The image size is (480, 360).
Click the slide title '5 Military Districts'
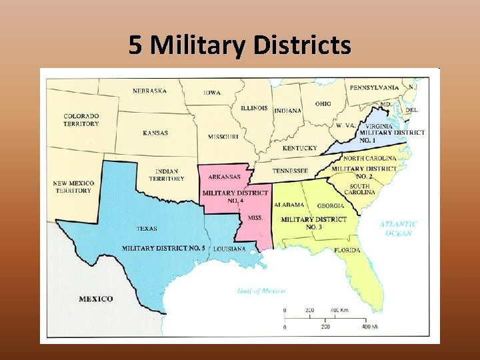[x=239, y=45]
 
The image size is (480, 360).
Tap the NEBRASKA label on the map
[x=149, y=91]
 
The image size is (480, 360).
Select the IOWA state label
[x=213, y=93]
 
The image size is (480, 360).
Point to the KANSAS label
[x=155, y=133]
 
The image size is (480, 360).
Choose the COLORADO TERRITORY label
[x=81, y=120]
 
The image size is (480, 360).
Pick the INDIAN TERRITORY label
[x=166, y=175]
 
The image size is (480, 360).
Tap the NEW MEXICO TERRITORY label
[x=73, y=187]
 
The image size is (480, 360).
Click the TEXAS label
[x=147, y=228]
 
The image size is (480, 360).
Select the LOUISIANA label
[x=229, y=249]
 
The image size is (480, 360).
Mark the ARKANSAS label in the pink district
[x=225, y=177]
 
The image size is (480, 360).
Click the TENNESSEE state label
[x=290, y=171]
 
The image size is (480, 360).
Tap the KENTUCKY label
[x=300, y=148]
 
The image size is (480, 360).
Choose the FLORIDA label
[x=347, y=250]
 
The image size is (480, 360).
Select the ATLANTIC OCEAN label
[x=399, y=229]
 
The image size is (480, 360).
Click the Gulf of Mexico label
[x=261, y=291]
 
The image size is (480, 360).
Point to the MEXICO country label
[x=96, y=299]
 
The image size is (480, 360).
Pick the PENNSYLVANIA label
[x=375, y=87]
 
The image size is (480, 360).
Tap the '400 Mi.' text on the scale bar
[x=370, y=326]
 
